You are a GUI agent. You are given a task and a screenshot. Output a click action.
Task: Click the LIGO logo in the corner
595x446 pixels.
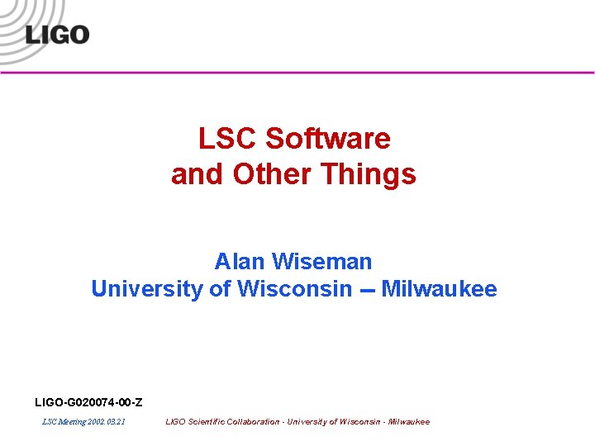click(56, 36)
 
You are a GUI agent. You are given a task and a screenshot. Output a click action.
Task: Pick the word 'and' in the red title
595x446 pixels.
click(198, 174)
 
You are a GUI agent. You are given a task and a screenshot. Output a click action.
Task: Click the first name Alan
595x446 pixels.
click(239, 262)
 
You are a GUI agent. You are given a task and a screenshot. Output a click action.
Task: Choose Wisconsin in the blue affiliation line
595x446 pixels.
click(294, 289)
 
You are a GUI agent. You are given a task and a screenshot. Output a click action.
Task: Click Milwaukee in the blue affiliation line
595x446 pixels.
click(439, 289)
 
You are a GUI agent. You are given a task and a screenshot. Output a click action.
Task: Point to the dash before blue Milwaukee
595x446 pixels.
click(366, 291)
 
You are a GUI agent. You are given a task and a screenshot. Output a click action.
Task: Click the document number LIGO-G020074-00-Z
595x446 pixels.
click(88, 402)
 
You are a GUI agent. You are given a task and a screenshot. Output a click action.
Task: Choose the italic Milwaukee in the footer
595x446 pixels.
click(408, 422)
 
